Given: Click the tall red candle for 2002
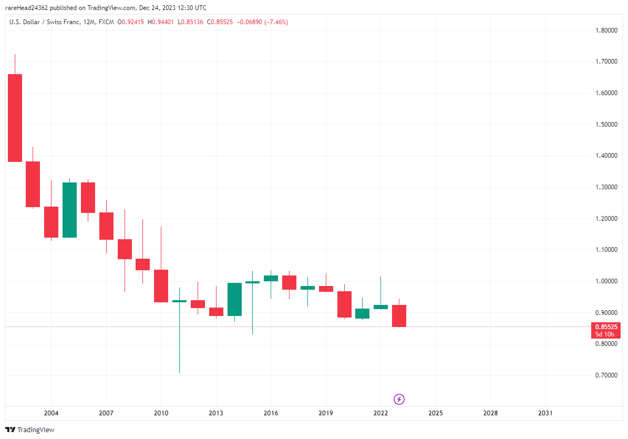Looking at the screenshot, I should (x=15, y=118).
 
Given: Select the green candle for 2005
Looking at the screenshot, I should (x=69, y=210).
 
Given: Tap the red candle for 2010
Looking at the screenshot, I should (x=161, y=285).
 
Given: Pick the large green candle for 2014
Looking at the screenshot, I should (x=234, y=299).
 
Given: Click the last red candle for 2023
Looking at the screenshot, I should (x=399, y=315).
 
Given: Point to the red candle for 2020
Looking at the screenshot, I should (x=344, y=304).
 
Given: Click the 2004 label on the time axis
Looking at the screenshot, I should (x=51, y=413).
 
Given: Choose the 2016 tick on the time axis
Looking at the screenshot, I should (x=271, y=413).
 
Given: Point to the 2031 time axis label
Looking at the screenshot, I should (x=545, y=413).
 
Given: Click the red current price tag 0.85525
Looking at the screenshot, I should (x=605, y=326).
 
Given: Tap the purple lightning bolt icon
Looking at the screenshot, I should (x=399, y=400).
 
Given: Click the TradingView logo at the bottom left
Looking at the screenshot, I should (x=30, y=430).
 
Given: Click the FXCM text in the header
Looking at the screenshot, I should (x=107, y=22).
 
